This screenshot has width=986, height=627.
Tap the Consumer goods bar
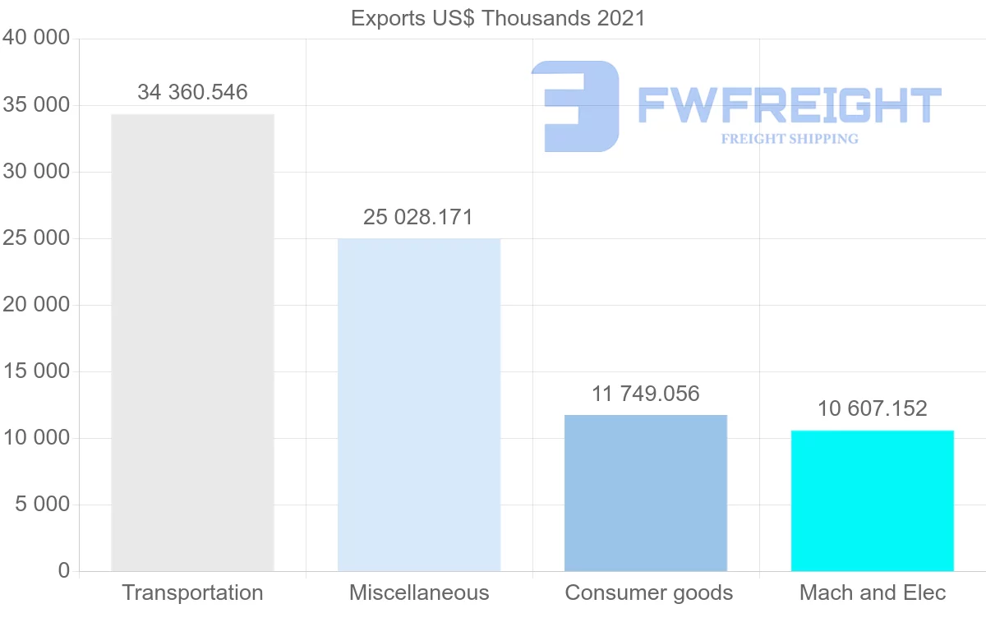(646, 493)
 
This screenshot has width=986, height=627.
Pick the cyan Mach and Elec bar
(873, 500)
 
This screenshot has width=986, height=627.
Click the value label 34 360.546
(192, 92)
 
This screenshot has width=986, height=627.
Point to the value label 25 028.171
(418, 217)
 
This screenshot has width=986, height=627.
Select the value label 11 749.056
(646, 394)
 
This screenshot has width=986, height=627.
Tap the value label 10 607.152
(873, 408)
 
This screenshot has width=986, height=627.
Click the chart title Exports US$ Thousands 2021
(498, 18)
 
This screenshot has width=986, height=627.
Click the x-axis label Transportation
(192, 592)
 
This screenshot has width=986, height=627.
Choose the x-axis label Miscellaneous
(419, 592)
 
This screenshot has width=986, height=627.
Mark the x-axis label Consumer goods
(649, 592)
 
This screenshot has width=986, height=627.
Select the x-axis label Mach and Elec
(873, 592)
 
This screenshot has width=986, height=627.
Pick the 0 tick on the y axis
(64, 571)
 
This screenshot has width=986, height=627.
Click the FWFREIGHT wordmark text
(789, 105)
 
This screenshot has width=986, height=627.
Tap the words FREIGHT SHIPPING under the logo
(790, 139)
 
